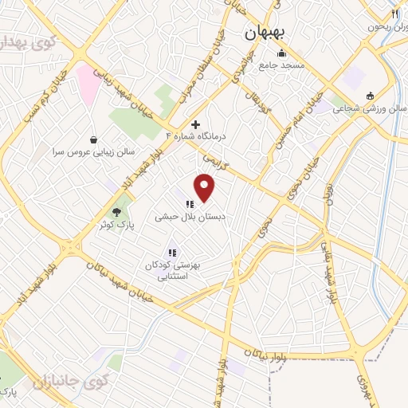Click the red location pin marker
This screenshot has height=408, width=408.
point(206,187)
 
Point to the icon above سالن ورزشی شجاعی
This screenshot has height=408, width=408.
point(370,97)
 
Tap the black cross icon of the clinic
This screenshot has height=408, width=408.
point(195,124)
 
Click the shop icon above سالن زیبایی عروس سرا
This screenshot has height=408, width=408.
point(94,138)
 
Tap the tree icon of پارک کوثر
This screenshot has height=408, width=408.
point(117,211)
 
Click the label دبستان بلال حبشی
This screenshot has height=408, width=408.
point(190,216)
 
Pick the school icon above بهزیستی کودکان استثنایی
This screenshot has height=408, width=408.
point(171,253)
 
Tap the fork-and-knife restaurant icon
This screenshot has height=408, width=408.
point(394,14)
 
